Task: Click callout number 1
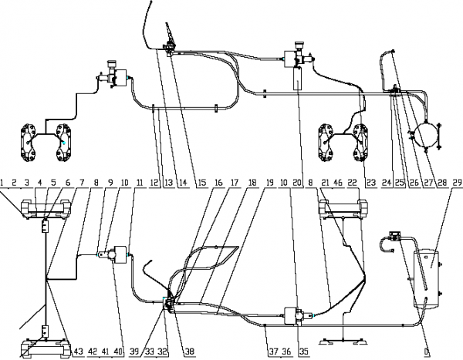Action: coord(3,182)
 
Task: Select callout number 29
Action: coord(458,182)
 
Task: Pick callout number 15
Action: coord(201,182)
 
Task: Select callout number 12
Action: coord(154,182)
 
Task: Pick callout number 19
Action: coord(269,182)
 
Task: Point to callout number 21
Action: coord(325,182)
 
